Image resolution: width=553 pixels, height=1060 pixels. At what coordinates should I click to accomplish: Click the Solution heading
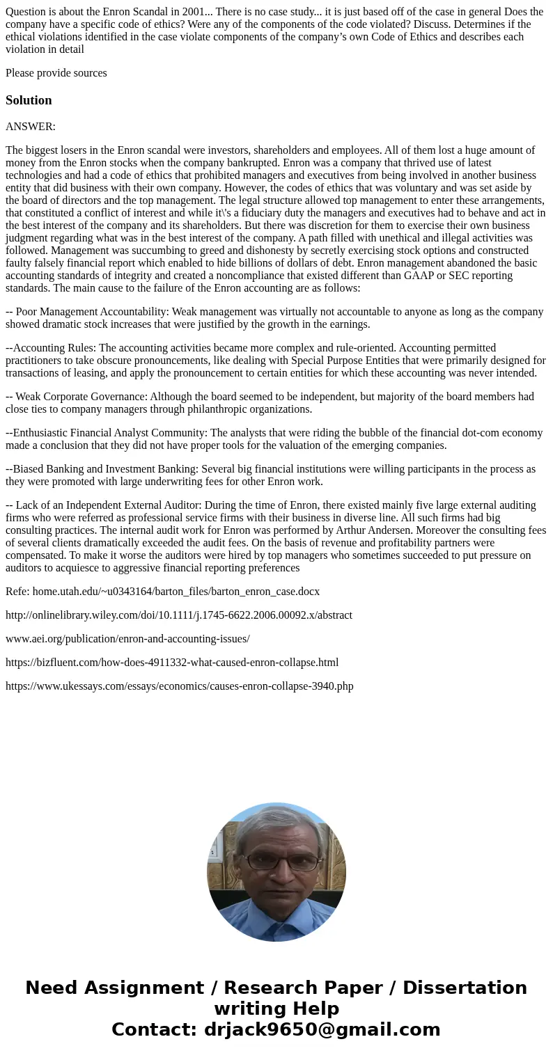pos(29,100)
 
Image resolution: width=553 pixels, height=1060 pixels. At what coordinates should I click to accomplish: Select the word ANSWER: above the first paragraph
pos(31,127)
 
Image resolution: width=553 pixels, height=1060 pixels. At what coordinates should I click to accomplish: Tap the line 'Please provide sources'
pos(56,73)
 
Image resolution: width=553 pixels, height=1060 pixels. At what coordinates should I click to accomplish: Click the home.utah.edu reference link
pos(176,592)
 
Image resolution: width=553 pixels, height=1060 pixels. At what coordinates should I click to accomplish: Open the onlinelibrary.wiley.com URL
pos(179,615)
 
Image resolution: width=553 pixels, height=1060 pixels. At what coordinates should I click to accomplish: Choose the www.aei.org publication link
pos(127,639)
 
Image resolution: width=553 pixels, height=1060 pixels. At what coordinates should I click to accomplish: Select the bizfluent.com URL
pos(172,663)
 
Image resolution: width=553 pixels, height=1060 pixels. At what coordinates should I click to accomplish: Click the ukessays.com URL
pos(180,686)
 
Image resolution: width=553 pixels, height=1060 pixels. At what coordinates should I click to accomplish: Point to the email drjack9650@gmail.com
pos(322,1029)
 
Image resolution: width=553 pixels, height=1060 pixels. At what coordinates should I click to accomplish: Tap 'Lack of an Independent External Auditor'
pos(102,505)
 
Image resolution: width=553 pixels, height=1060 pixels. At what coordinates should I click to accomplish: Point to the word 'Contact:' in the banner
pos(155,1029)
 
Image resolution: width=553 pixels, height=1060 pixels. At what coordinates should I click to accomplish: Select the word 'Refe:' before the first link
pos(17,592)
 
